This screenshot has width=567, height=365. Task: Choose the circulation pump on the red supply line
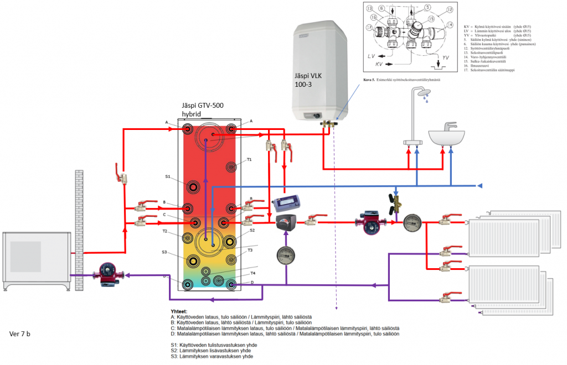(x=373, y=221)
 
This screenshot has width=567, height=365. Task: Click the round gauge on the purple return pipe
(x=286, y=255)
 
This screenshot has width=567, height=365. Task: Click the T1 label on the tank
(x=249, y=159)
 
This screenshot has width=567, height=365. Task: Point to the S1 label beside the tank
(x=168, y=177)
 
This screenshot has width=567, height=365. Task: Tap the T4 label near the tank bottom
(x=252, y=273)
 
